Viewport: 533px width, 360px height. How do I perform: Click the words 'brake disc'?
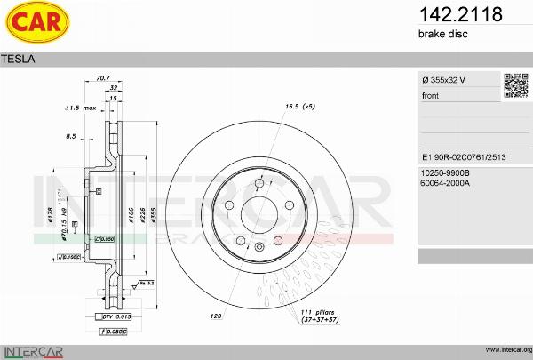point(442,34)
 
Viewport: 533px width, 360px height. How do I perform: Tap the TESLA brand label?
point(19,59)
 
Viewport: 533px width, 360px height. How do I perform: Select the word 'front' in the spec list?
point(431,96)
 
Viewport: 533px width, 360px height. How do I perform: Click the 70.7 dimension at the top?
point(102,78)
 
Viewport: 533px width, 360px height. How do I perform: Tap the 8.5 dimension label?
point(71,136)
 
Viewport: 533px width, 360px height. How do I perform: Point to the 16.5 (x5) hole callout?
point(299,107)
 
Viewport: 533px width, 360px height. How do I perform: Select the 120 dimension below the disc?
point(216,315)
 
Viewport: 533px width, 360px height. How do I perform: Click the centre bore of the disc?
point(259,213)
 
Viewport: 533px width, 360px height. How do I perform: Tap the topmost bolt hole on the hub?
point(259,185)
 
